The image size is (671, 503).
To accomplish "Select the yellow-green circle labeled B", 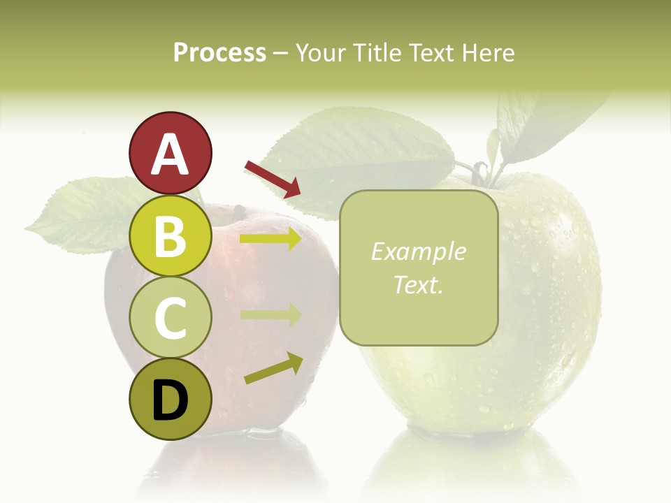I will tap(170, 235).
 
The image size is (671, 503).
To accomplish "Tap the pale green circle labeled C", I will tap(170, 318).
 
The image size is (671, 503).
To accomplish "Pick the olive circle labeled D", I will tap(170, 400).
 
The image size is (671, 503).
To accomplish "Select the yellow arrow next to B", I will tap(271, 239).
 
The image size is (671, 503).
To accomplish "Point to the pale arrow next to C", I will tap(271, 314).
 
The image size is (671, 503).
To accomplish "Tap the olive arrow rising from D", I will tap(273, 369).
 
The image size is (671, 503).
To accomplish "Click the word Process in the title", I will tap(219, 53).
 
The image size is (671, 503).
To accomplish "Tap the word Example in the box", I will tap(418, 252).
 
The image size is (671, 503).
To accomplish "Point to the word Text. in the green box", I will tap(418, 285).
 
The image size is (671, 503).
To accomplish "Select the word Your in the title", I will tap(320, 53).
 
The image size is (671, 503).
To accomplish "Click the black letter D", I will tap(170, 401).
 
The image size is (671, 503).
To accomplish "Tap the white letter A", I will tap(170, 154).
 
